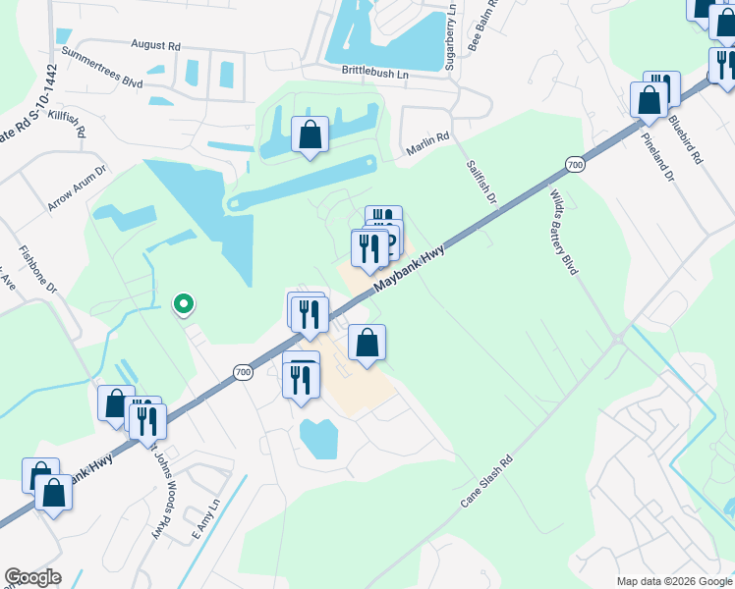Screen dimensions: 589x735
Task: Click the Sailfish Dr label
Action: (x=482, y=181)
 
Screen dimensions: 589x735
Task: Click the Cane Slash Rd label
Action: (x=487, y=481)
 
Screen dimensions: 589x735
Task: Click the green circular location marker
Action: (x=182, y=304)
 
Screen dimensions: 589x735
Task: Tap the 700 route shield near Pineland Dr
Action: (x=575, y=165)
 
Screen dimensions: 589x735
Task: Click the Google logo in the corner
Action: (x=32, y=577)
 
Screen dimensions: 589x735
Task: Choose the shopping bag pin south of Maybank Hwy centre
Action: (x=367, y=343)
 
